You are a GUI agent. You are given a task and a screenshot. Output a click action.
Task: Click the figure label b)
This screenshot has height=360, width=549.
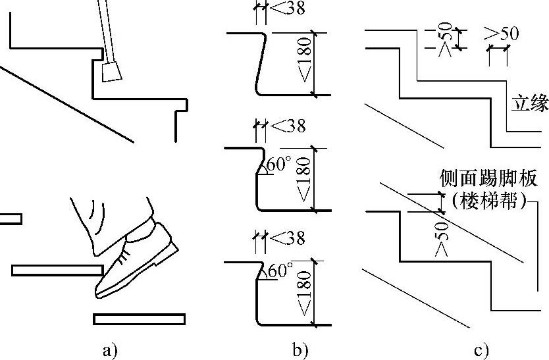(x=300, y=349)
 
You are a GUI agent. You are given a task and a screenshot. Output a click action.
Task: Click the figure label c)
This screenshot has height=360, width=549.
(x=481, y=349)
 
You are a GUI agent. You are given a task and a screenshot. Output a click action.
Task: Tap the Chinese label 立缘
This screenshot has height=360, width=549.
(x=529, y=103)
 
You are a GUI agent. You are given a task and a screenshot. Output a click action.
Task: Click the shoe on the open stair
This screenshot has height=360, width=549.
(x=135, y=260)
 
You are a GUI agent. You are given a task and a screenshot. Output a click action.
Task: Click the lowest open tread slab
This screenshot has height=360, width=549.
(x=139, y=319)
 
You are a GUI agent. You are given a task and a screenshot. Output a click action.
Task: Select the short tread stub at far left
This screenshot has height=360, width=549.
(x=10, y=219)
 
